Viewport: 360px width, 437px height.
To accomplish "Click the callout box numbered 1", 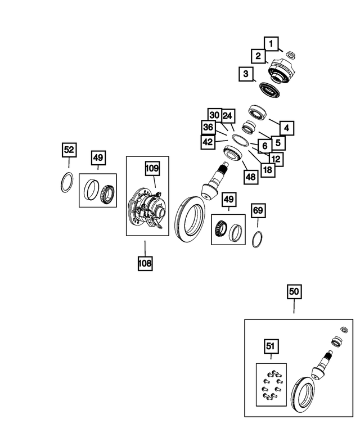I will click(x=271, y=43).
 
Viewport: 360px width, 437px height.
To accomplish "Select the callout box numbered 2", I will click(x=258, y=56).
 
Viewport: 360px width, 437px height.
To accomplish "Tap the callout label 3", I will click(x=245, y=74).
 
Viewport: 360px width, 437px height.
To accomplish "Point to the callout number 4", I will click(x=286, y=128).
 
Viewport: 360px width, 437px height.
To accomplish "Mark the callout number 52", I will click(x=69, y=150).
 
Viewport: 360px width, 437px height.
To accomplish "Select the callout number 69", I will click(x=257, y=211).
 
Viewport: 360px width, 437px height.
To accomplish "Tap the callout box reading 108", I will click(x=145, y=262).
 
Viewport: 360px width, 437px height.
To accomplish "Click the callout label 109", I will click(x=152, y=168).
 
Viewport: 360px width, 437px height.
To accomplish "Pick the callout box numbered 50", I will click(x=294, y=291).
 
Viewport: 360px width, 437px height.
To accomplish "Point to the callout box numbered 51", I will click(x=271, y=345).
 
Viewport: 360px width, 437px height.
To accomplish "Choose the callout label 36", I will click(x=208, y=128).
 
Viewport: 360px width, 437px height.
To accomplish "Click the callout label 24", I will click(x=227, y=115).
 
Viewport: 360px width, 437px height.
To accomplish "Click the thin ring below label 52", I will click(x=66, y=183).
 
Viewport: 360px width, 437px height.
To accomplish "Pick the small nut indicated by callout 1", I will click(x=291, y=55).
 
